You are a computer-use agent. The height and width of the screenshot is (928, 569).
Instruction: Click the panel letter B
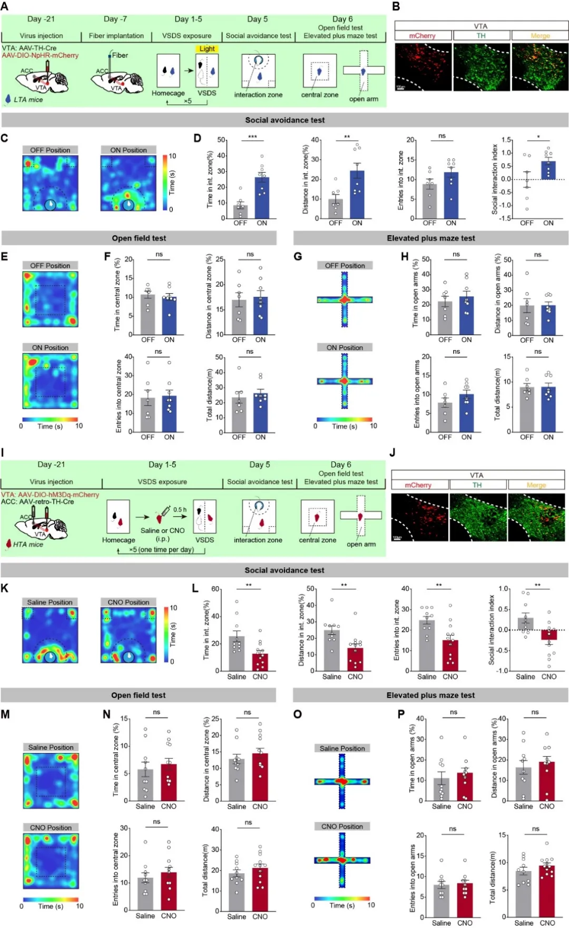[396, 7]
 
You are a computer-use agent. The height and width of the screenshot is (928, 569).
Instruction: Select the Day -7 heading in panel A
[115, 19]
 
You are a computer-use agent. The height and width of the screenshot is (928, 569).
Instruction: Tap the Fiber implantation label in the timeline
[116, 36]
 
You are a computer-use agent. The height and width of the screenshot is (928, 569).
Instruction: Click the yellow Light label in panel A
[207, 49]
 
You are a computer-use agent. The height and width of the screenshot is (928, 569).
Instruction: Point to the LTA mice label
[28, 99]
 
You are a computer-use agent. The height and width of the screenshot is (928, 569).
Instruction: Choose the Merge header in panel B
[540, 36]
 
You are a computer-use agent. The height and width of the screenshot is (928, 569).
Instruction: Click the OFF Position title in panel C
[50, 150]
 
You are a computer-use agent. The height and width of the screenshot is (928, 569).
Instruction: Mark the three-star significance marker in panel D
[252, 137]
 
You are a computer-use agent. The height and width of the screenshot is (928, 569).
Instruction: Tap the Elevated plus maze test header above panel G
[430, 238]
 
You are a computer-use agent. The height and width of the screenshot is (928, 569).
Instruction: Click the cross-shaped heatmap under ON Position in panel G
[345, 381]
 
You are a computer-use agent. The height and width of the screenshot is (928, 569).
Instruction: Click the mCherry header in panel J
[418, 485]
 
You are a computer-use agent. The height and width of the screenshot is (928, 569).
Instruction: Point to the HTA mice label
[28, 544]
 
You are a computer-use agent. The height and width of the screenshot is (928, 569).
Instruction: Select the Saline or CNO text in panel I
[162, 530]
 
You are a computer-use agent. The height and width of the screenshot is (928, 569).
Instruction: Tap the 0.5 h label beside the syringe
[180, 510]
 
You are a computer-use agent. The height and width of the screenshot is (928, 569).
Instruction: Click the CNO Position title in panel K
[129, 602]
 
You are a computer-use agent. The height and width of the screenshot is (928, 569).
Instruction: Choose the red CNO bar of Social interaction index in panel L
[549, 635]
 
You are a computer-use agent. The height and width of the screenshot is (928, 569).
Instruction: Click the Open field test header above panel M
[138, 695]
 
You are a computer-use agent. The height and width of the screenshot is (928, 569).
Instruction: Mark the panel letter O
[298, 714]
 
